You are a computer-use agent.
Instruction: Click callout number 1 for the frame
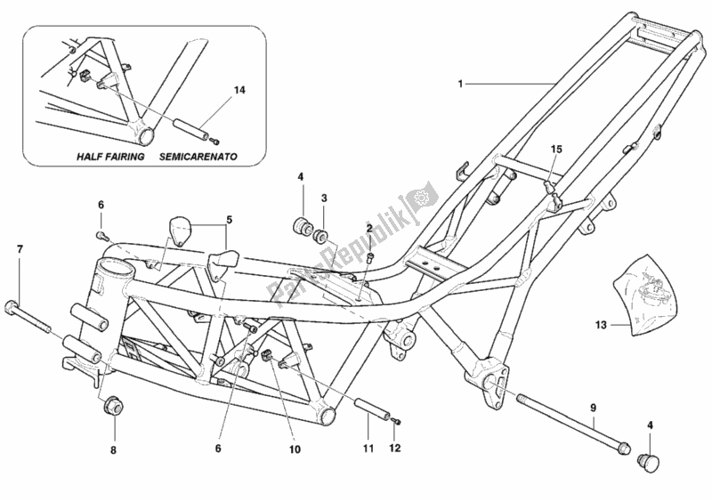pos(460,84)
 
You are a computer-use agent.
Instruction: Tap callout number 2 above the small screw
pos(368,229)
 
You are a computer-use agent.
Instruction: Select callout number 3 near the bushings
pos(324,198)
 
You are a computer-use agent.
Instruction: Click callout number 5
pos(229,218)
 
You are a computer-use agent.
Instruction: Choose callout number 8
pos(112,449)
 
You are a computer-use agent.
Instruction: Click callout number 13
pos(601,326)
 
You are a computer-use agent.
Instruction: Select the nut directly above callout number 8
pos(113,408)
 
